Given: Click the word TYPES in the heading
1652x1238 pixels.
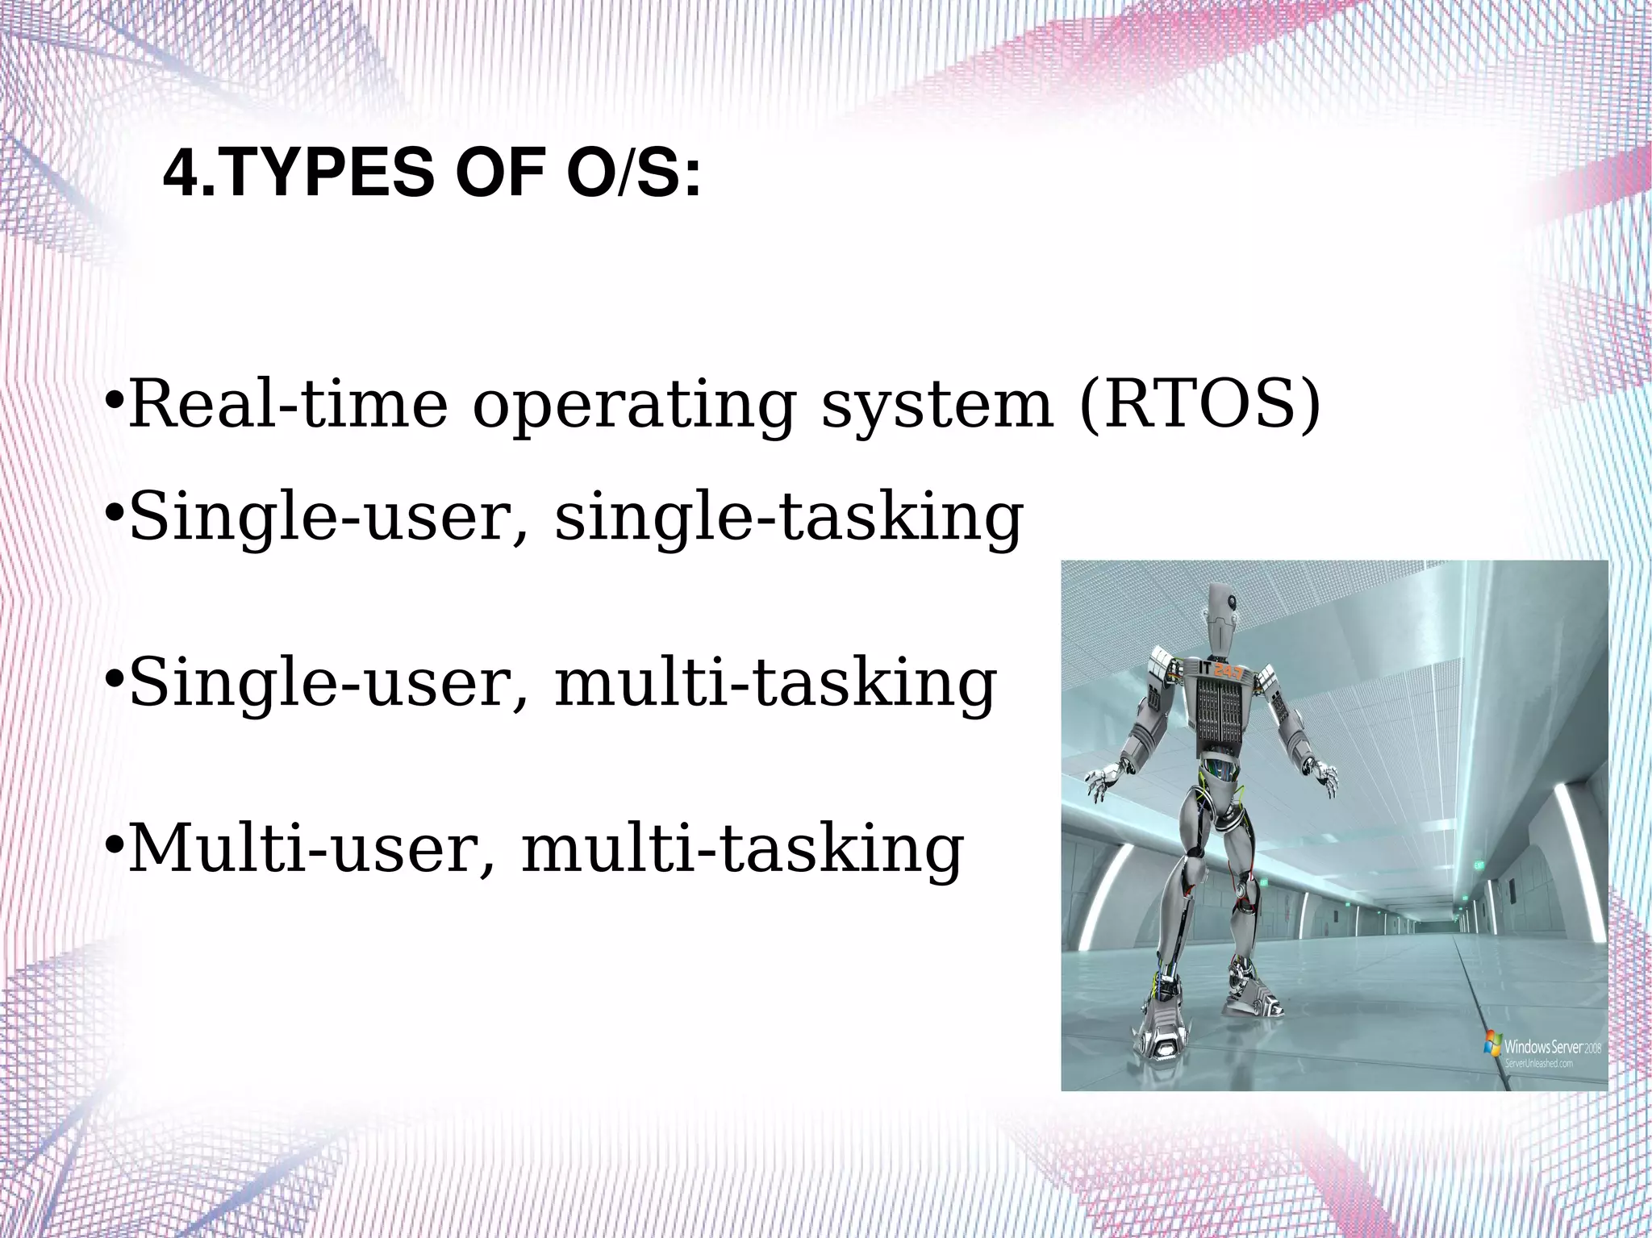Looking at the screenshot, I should (x=328, y=173).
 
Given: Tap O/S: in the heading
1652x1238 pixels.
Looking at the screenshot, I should (x=633, y=173).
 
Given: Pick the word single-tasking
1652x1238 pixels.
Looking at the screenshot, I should (x=788, y=519).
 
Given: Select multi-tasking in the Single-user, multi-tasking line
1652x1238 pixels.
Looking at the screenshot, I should (x=775, y=684).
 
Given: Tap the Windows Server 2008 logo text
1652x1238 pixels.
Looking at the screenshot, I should (x=1550, y=1047).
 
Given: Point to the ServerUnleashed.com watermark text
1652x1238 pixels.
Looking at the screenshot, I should (x=1538, y=1064).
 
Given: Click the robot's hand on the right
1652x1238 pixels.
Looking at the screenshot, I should (x=1324, y=777).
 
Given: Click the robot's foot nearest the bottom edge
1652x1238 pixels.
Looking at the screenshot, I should (x=1163, y=1048).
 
